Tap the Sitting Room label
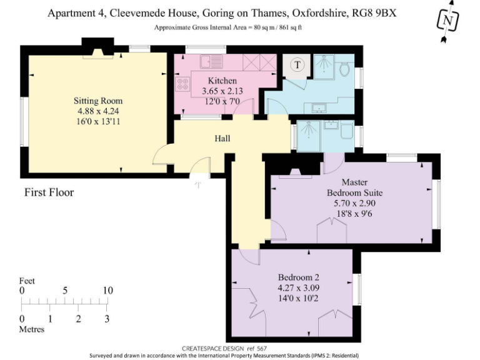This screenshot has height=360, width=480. click(x=98, y=101)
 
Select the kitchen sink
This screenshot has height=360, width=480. click(x=207, y=62)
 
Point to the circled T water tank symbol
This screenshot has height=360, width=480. click(x=297, y=64)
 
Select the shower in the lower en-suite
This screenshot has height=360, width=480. click(x=308, y=135)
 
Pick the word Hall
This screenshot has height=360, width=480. click(x=223, y=138)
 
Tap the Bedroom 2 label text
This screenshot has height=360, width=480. click(x=299, y=277)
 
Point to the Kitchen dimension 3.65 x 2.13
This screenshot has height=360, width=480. click(x=222, y=91)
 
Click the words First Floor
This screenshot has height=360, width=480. click(x=49, y=192)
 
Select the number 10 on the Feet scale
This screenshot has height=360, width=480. click(x=107, y=291)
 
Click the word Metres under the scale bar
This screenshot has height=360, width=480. click(x=32, y=329)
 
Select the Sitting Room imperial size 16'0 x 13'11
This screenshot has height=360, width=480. click(x=98, y=121)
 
